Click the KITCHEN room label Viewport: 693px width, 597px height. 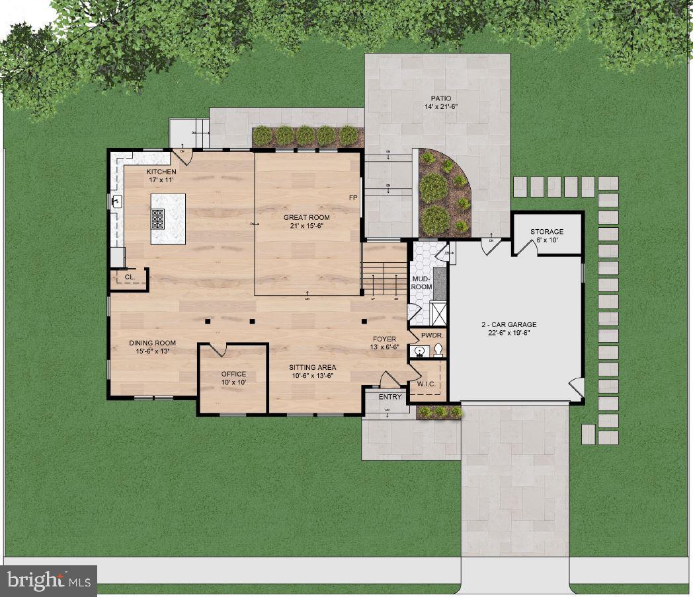click(x=161, y=172)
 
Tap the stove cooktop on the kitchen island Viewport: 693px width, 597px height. click(x=158, y=219)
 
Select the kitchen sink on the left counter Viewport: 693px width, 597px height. click(x=116, y=201)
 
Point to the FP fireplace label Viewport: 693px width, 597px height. click(x=354, y=198)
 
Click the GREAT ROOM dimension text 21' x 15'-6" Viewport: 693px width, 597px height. click(x=306, y=227)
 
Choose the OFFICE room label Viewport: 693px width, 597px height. click(x=233, y=374)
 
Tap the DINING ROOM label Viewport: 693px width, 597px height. click(x=152, y=343)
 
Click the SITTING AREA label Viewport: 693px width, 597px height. click(x=312, y=367)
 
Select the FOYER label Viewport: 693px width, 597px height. click(x=384, y=339)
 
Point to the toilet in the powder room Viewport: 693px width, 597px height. click(x=437, y=351)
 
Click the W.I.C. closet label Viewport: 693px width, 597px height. click(x=426, y=384)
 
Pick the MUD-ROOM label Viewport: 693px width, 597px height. click(x=421, y=283)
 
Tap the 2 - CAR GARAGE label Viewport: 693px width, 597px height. click(x=508, y=324)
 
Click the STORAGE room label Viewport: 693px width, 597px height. click(x=547, y=232)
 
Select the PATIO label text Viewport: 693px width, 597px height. click(x=441, y=98)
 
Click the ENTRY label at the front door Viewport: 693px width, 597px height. click(x=389, y=397)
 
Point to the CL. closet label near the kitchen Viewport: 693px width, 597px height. click(x=130, y=277)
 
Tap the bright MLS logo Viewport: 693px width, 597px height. click(x=50, y=581)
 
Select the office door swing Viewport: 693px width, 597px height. click(x=218, y=349)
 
